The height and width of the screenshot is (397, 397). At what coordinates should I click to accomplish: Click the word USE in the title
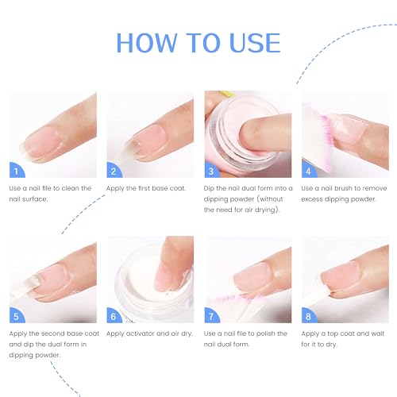tap(255, 43)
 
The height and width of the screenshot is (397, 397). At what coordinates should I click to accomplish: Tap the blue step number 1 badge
tap(17, 170)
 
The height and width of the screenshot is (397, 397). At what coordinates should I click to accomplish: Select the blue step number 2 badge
tap(114, 170)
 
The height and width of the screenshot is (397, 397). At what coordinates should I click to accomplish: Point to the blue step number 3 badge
tap(212, 170)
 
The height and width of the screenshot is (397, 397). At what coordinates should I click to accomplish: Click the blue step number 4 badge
tap(309, 170)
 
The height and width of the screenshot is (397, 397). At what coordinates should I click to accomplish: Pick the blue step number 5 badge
tap(17, 315)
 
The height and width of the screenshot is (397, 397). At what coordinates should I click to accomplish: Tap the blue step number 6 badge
tap(114, 315)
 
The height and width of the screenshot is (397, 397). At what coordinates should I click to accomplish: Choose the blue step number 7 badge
tap(212, 315)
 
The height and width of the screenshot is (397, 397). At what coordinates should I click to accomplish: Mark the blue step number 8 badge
tap(309, 315)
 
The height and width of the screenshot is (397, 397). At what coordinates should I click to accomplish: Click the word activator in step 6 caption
tap(140, 333)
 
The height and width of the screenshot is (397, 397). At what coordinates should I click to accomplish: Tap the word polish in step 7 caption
tap(263, 333)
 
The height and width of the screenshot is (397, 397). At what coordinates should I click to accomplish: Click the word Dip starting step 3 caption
tap(209, 189)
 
